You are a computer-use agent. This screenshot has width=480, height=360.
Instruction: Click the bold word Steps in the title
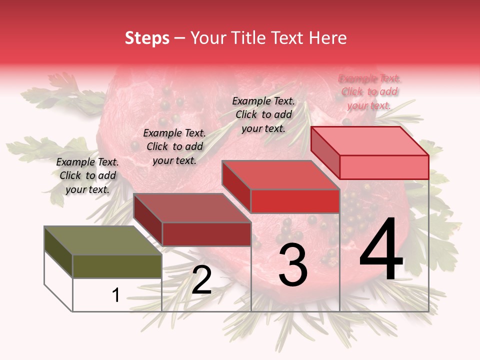point(147,38)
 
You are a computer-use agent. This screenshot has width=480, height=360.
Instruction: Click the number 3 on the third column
point(292,265)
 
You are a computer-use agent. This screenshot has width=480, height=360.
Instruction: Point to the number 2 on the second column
point(201,280)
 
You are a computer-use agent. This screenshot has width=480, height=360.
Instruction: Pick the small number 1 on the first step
point(115,295)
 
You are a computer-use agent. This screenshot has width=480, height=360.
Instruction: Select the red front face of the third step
point(295,201)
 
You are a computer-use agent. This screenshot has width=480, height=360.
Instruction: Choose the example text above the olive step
point(87,175)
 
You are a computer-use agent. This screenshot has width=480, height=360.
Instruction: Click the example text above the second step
point(174,146)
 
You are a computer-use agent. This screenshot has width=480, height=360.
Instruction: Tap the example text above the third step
point(263,114)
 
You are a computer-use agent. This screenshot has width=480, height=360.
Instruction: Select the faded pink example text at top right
point(369,91)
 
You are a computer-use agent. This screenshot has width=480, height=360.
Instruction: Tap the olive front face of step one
point(117,266)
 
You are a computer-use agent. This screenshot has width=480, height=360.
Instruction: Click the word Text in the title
point(288,38)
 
